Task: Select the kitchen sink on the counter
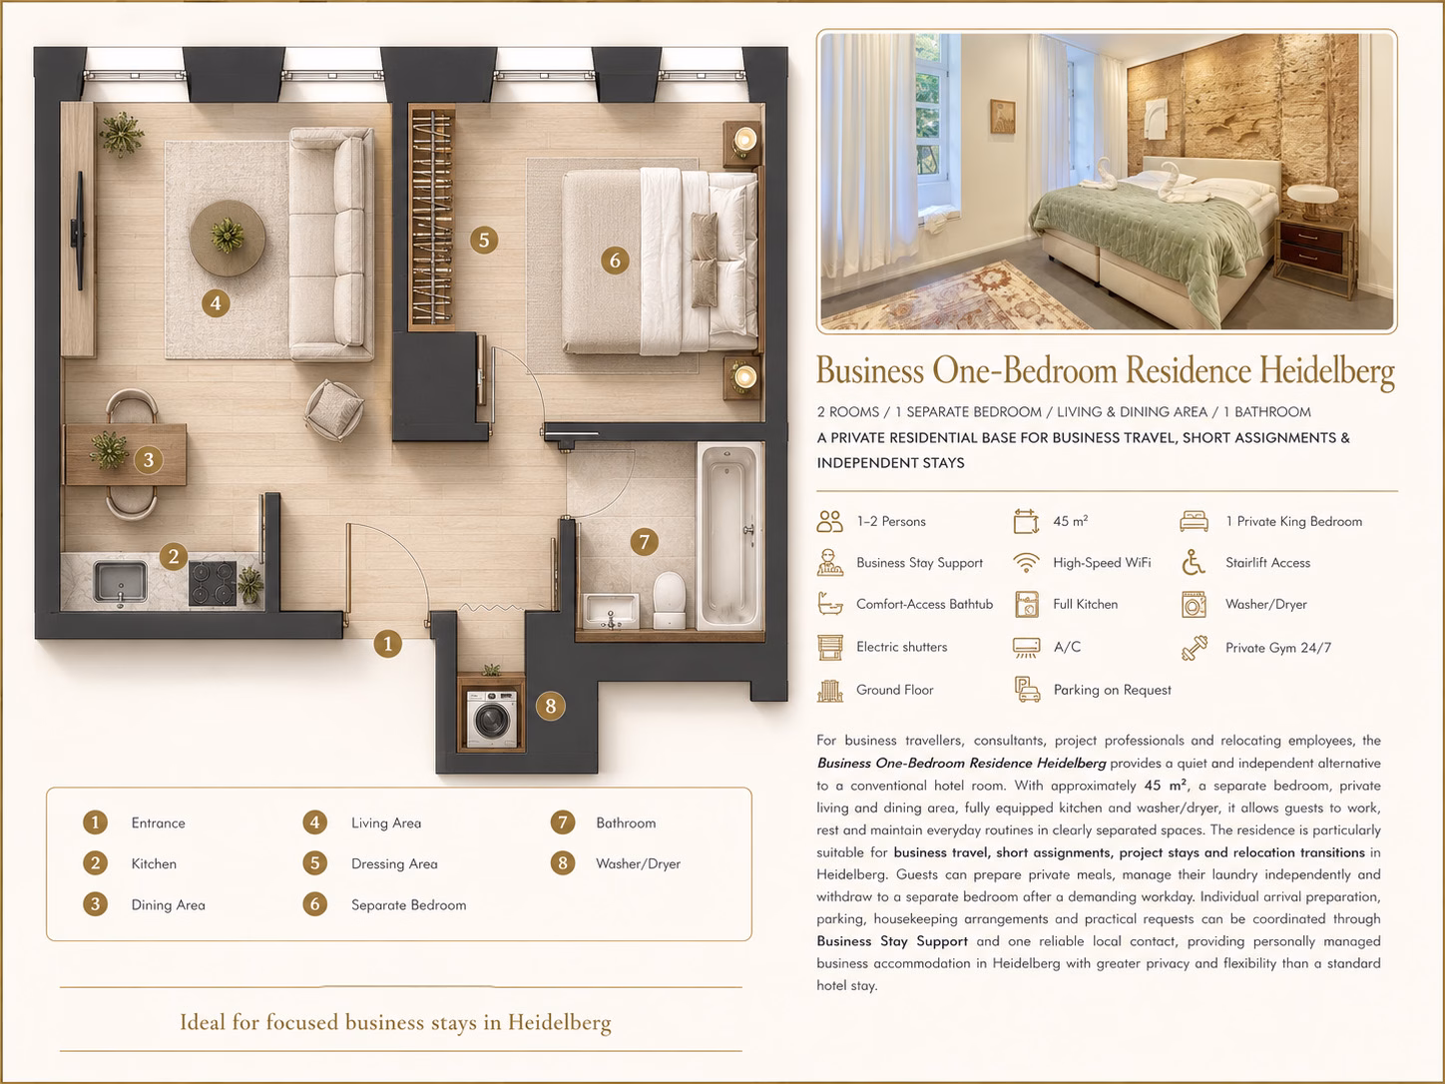(x=121, y=581)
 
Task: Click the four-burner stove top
(x=213, y=583)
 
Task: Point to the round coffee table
(x=228, y=238)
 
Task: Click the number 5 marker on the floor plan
(x=484, y=241)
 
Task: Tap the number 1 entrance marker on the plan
(x=388, y=644)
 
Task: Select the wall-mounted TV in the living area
(x=80, y=231)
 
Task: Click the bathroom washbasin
(x=611, y=611)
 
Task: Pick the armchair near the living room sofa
(x=333, y=410)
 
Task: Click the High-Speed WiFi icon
(x=1026, y=563)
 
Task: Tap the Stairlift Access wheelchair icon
(x=1193, y=563)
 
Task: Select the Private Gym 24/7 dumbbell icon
(x=1195, y=648)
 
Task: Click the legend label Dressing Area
(x=394, y=864)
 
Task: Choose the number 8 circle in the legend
(x=563, y=862)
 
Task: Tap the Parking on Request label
(x=1112, y=690)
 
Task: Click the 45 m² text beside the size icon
(x=1071, y=521)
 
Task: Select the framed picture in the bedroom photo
(x=1003, y=117)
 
